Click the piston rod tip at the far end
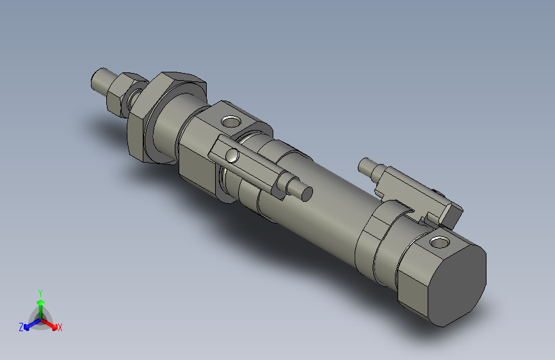[x=100, y=81]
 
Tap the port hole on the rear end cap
[x=439, y=242]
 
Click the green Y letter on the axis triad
[x=40, y=291]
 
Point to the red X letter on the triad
[x=60, y=328]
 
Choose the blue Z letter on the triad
[x=21, y=327]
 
